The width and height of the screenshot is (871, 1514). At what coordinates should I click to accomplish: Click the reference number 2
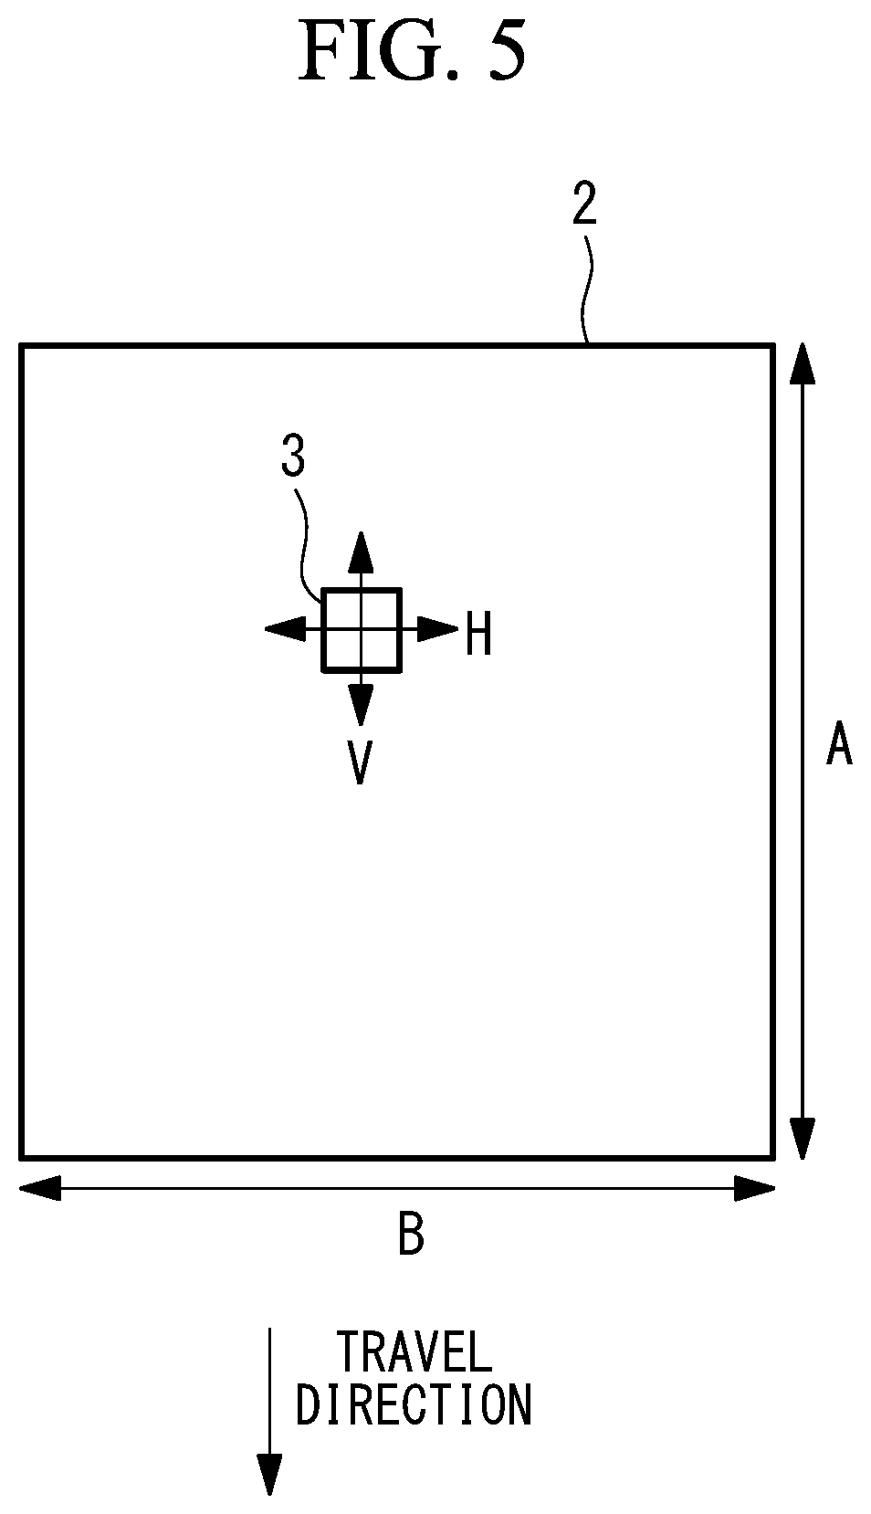[584, 204]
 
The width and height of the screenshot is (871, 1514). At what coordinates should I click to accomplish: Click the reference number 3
[293, 456]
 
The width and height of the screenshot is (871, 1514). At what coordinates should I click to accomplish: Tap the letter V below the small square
[360, 762]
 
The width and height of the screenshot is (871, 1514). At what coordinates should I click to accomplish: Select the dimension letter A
[839, 743]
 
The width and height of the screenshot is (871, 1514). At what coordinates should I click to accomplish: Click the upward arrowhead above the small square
[361, 552]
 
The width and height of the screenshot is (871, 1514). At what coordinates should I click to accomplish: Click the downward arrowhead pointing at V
[361, 705]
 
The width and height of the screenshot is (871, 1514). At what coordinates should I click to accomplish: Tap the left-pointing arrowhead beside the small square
[285, 629]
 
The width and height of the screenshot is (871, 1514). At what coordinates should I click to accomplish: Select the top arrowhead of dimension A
[802, 363]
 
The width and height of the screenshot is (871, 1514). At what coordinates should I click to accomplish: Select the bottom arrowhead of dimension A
[802, 1139]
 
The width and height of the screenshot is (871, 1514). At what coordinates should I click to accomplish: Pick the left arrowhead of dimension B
[40, 1188]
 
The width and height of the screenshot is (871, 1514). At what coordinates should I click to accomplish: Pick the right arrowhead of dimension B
[754, 1188]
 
